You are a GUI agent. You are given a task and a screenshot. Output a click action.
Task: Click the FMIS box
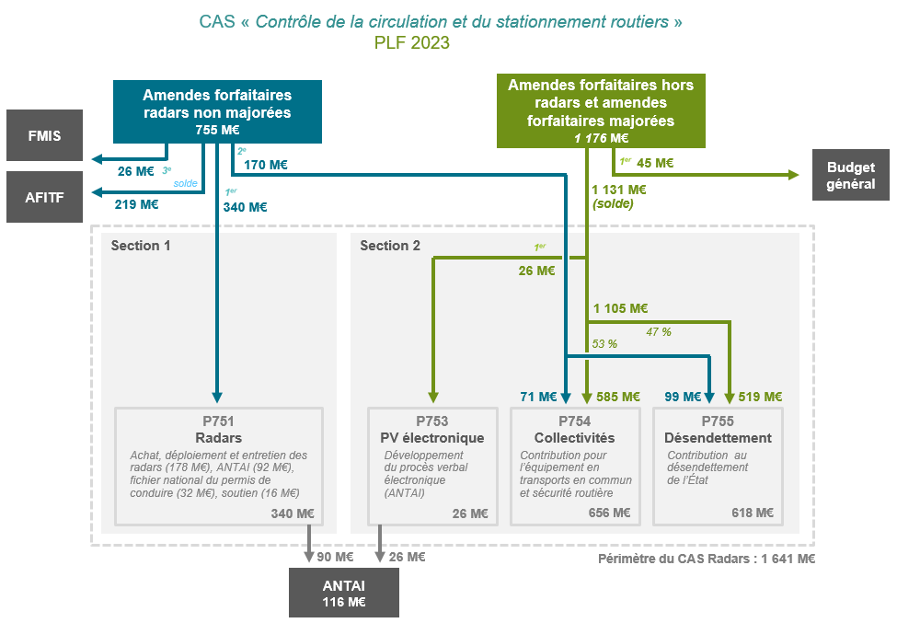tap(44, 136)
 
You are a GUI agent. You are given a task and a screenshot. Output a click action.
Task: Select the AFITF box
tap(44, 197)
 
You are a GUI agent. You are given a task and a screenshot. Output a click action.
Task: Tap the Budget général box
tap(851, 175)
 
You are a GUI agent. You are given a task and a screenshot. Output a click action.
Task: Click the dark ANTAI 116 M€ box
tap(344, 593)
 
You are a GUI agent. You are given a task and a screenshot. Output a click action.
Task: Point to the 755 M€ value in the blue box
tap(217, 130)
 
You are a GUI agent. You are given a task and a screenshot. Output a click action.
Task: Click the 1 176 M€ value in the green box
tap(601, 138)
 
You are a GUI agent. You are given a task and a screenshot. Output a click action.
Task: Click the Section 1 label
tap(141, 246)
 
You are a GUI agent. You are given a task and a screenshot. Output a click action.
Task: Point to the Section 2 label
tap(390, 246)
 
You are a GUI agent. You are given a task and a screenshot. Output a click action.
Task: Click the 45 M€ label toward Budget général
tap(655, 163)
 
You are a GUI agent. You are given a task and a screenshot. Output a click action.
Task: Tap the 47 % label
tap(660, 331)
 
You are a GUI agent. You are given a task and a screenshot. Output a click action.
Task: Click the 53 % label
tap(604, 343)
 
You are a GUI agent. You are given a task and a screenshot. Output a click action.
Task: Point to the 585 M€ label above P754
tap(616, 397)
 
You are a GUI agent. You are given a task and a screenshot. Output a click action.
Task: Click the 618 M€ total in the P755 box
tap(753, 513)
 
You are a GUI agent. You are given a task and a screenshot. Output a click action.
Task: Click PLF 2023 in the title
tap(412, 42)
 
